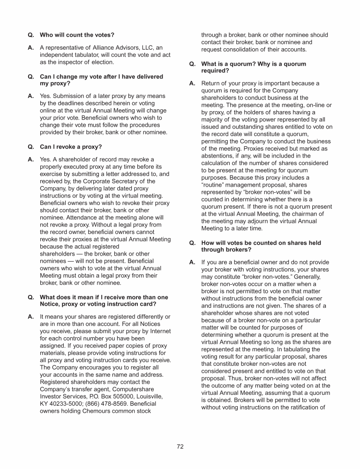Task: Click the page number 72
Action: [180, 446]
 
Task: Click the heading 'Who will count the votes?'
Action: [77, 35]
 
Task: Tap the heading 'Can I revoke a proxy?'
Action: [71, 146]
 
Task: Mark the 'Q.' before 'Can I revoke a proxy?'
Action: [31, 146]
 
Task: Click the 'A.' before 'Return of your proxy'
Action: [192, 83]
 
